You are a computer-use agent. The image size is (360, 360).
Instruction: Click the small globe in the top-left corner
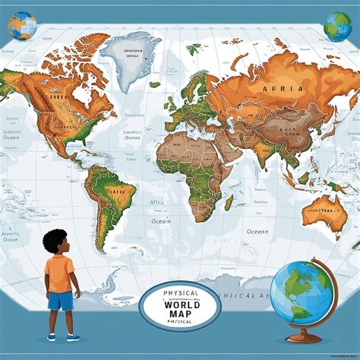(22, 25)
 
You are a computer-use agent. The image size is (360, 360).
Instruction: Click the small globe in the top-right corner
(336, 26)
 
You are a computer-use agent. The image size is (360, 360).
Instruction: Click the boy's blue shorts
(62, 302)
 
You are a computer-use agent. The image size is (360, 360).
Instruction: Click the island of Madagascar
(229, 202)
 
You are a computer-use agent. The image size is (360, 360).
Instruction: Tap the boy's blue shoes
(61, 336)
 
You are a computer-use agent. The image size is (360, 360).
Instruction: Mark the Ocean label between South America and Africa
(159, 220)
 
